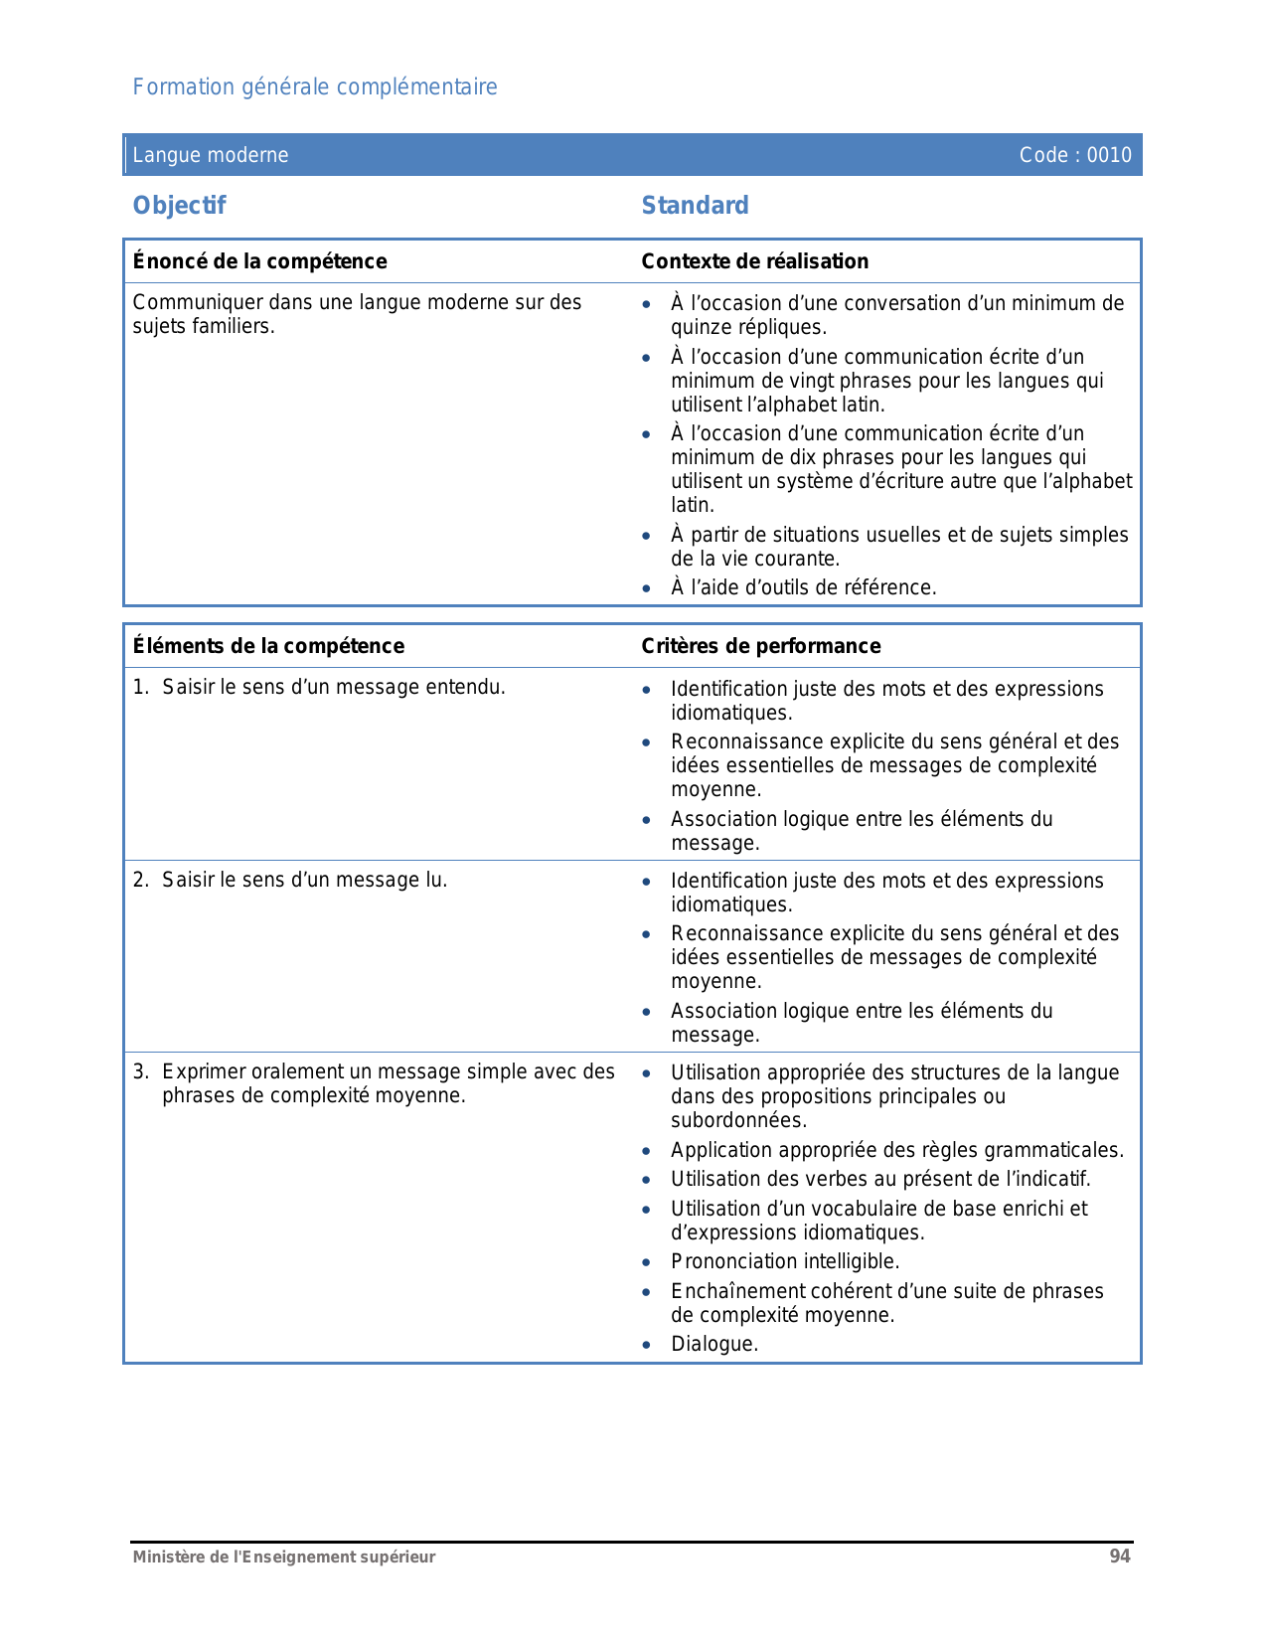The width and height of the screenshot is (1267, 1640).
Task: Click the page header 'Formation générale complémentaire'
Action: coord(315,87)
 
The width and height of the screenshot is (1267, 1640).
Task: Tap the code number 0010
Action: coord(1109,155)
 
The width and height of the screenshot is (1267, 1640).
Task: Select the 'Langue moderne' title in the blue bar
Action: coord(211,155)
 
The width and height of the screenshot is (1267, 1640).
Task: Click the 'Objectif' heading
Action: coord(180,206)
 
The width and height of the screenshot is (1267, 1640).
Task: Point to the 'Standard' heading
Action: coord(695,206)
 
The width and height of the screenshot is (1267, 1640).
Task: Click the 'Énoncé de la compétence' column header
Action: coord(260,261)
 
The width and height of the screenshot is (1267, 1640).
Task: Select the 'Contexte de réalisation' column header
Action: coord(754,261)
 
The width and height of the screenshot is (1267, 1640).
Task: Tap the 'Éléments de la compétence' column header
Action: coord(268,646)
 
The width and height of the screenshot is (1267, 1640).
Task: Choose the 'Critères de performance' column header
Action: coord(760,646)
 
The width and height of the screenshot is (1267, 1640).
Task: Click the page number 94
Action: coord(1120,1557)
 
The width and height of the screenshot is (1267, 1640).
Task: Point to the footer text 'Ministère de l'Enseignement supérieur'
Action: coord(284,1558)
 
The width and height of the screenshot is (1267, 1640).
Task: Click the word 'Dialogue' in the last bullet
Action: coord(712,1345)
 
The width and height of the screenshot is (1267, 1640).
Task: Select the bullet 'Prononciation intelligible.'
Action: coord(785,1262)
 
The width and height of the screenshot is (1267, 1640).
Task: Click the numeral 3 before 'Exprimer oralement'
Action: coord(139,1071)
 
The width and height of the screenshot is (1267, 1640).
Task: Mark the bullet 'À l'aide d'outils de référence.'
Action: coord(803,588)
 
